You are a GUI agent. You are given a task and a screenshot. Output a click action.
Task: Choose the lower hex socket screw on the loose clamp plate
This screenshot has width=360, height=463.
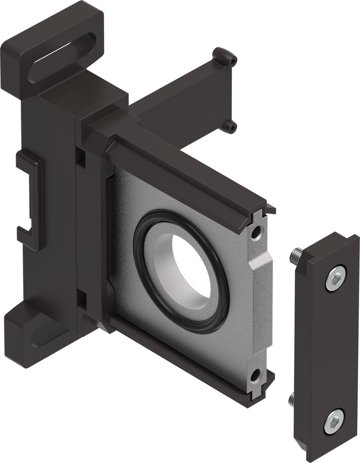[333, 421]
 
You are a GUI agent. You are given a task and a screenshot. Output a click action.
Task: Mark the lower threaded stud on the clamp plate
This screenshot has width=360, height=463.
[292, 399]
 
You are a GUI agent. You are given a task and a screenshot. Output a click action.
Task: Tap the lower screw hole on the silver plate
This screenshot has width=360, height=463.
[255, 375]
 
